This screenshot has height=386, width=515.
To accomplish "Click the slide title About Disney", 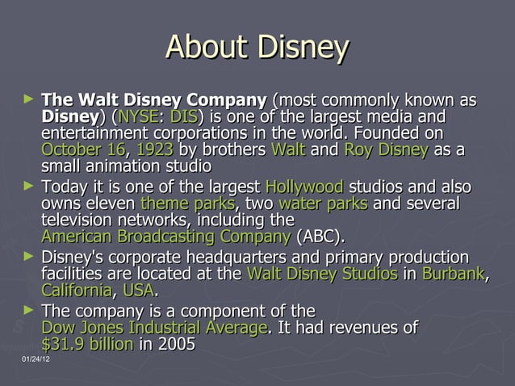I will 257,48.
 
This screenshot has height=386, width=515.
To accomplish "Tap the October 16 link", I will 83,150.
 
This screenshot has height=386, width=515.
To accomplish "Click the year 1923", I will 154,150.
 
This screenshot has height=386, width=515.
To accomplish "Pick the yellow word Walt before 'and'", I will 288,150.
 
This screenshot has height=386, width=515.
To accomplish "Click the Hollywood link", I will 304,187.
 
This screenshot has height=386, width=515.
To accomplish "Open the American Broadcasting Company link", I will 165,237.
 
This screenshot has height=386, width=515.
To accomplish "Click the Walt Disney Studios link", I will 321,273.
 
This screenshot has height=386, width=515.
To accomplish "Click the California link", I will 76,290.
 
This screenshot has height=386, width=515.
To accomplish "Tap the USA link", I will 137,290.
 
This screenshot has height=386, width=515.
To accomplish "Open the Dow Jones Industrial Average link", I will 153,327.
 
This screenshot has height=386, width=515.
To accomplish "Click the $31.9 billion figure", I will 86,344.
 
